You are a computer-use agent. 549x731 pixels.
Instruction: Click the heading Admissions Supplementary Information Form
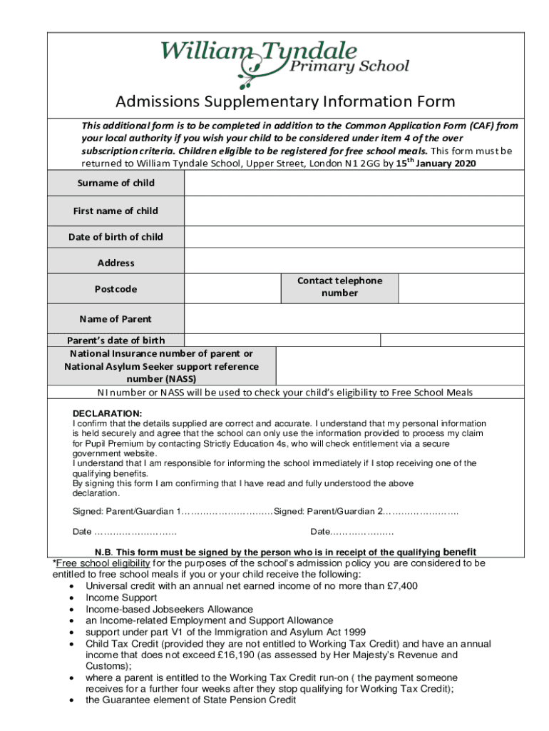[284, 101]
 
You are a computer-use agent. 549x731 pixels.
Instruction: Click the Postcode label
[116, 289]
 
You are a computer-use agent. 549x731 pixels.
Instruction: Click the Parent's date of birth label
[116, 341]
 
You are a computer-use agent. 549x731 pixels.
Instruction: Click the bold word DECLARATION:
[108, 414]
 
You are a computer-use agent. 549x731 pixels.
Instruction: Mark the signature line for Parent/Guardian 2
[421, 512]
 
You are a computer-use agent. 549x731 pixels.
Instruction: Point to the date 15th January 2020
[434, 163]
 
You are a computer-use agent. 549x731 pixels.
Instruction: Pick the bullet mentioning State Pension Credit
[190, 700]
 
